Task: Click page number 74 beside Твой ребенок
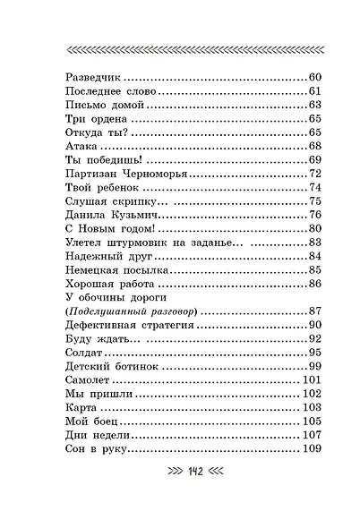tap(314, 187)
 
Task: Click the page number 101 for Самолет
tap(311, 379)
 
